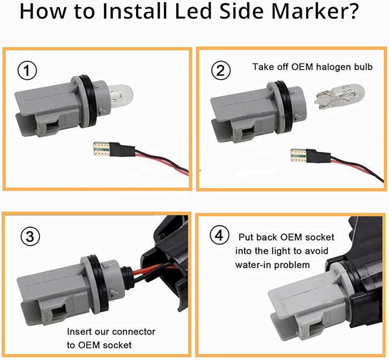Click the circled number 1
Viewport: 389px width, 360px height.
[27, 71]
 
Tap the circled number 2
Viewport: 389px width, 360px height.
[221, 71]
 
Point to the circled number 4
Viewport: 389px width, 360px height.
[217, 236]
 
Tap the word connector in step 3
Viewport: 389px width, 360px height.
[133, 332]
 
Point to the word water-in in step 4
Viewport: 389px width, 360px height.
[253, 265]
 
